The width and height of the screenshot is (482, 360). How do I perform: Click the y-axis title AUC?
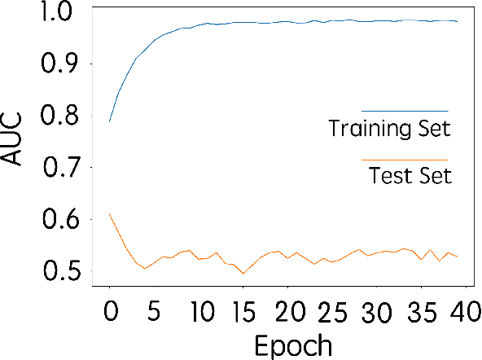pyautogui.click(x=15, y=142)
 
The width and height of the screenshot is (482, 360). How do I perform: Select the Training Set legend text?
pyautogui.click(x=389, y=129)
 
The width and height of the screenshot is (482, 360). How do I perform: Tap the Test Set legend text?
pyautogui.click(x=410, y=176)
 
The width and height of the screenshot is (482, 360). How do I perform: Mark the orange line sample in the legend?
pyautogui.click(x=405, y=160)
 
